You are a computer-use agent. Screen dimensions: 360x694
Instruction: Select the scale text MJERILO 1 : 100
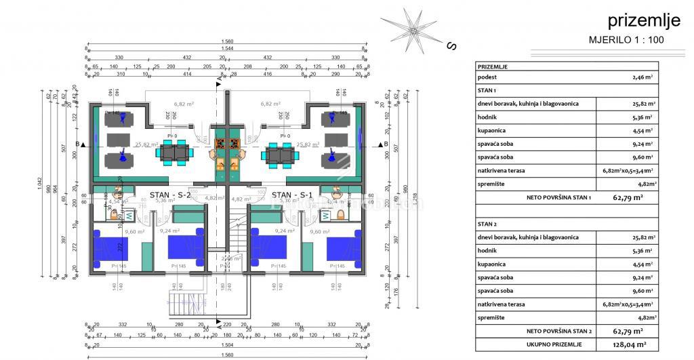[626, 40]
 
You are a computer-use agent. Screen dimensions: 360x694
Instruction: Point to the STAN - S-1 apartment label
[288, 195]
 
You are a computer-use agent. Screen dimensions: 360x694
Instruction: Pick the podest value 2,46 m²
[639, 78]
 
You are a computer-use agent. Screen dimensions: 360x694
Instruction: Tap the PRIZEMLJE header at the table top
[493, 66]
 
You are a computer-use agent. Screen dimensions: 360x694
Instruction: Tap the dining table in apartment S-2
[173, 155]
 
